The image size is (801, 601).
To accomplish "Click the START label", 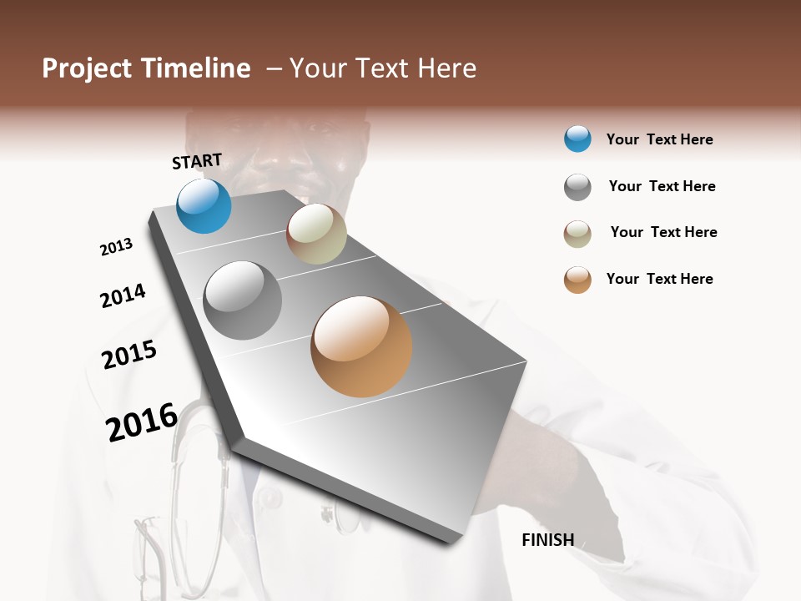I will [197, 161].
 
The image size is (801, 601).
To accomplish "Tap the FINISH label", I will [547, 540].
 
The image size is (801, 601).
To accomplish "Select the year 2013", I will [116, 247].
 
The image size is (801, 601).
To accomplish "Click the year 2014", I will [123, 295].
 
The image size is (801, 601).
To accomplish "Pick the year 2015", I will [129, 355].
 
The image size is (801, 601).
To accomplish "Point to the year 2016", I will [142, 422].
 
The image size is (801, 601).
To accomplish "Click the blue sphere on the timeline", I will [204, 206].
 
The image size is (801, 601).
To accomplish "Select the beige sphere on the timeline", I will [316, 234].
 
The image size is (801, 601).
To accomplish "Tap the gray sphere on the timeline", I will [243, 300].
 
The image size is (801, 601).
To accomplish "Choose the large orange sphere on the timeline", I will [361, 346].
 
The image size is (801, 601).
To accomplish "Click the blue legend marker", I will [577, 139].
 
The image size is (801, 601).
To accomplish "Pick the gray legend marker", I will [577, 187].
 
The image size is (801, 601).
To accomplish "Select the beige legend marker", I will [577, 234].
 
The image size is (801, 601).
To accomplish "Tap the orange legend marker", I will [577, 280].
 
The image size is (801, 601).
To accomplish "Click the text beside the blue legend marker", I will [659, 139].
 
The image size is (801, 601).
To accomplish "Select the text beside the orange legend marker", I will [659, 279].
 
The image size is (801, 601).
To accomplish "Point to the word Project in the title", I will [88, 68].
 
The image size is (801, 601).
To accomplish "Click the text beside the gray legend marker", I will [662, 186].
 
